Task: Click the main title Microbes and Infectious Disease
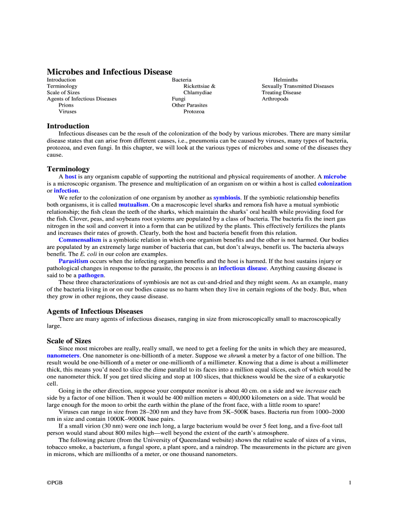pos(110,72)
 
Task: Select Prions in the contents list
pos(66,105)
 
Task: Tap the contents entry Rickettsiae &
pos(200,86)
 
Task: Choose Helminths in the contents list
pos(285,80)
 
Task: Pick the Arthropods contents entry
pos(275,99)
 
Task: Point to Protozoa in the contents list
pos(194,111)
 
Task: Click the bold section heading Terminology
pos(68,169)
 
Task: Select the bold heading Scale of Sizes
pos(69,341)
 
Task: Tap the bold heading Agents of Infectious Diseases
pos(95,311)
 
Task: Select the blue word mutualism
pos(133,205)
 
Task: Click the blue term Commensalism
pos(80,240)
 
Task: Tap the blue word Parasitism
pos(73,261)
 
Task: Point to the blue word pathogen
pos(91,275)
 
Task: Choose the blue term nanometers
pos(63,356)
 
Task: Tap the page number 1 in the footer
pos(350,483)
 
